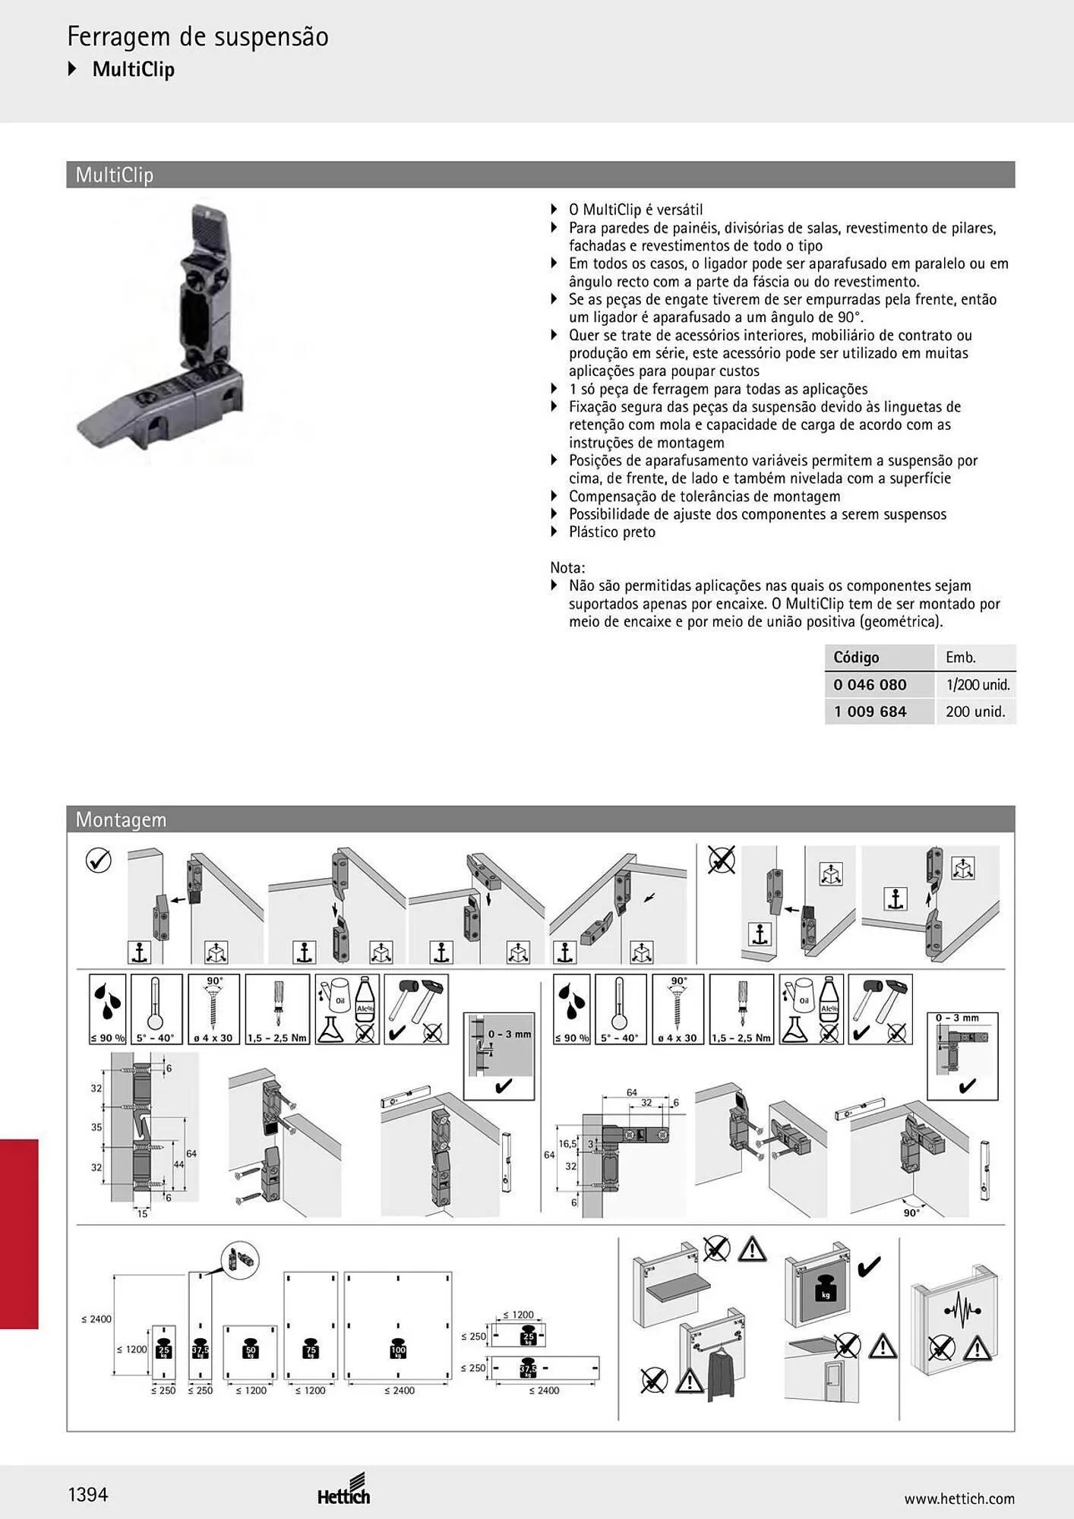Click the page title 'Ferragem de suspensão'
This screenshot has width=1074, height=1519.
point(197,36)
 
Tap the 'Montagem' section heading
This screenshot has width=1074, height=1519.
point(121,820)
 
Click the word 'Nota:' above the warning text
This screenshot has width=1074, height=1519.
point(567,567)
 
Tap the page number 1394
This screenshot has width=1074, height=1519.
point(88,1495)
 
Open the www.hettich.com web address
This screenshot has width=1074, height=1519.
point(959,1498)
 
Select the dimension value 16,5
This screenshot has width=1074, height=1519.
point(567,1144)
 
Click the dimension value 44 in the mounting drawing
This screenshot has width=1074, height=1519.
point(178,1164)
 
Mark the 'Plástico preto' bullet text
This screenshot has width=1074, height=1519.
point(612,532)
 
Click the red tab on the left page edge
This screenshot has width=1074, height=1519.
point(19,1234)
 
